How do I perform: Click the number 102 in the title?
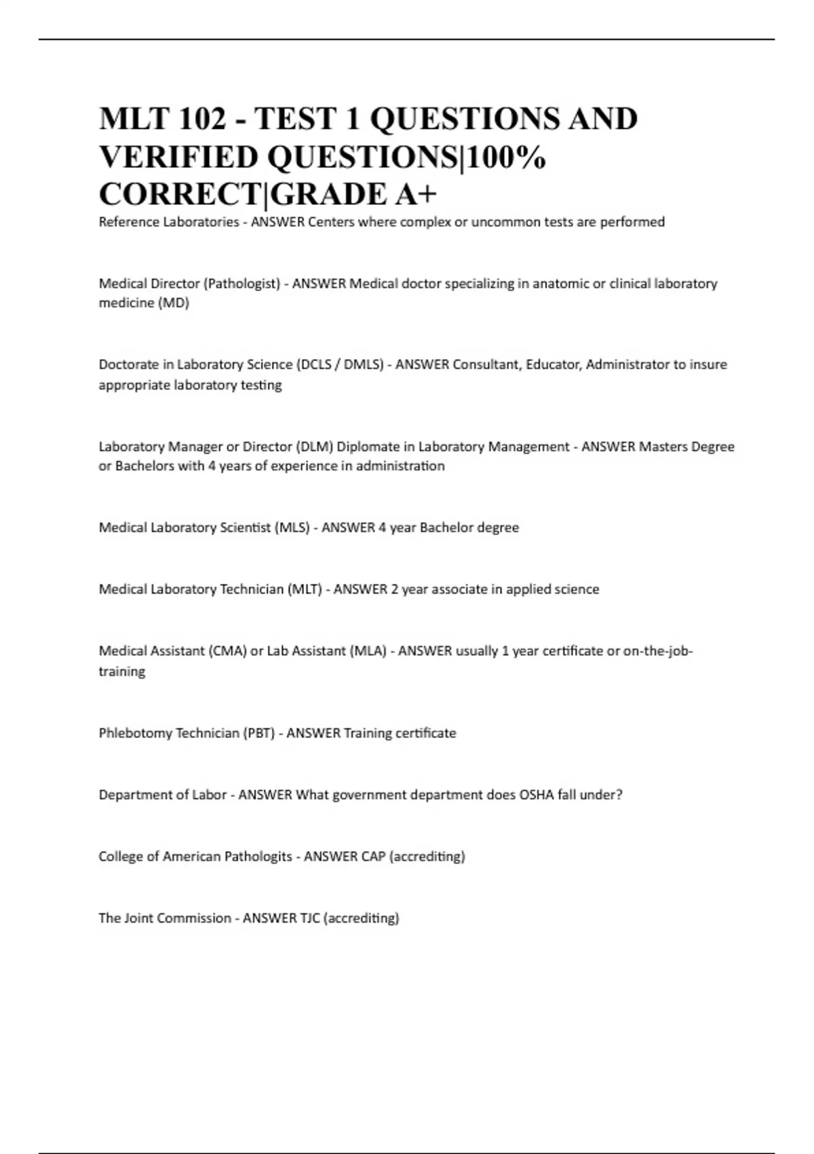click(x=202, y=119)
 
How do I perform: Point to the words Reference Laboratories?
click(x=168, y=222)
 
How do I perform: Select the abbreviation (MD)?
click(x=173, y=303)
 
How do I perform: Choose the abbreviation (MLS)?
click(x=292, y=527)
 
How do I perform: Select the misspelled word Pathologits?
click(x=258, y=857)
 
